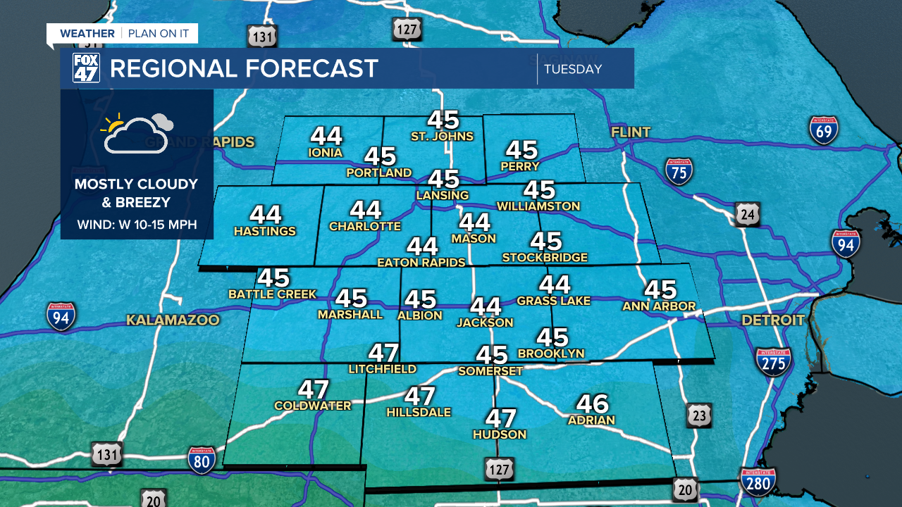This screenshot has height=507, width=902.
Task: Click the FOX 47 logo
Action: click(x=86, y=68)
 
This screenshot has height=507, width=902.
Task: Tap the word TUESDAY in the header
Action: click(x=573, y=69)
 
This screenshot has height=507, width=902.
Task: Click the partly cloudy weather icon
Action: click(x=137, y=132)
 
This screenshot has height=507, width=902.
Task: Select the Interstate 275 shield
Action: click(x=773, y=361)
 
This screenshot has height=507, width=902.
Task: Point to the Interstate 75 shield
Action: click(x=679, y=170)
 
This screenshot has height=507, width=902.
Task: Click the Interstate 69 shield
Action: click(x=823, y=130)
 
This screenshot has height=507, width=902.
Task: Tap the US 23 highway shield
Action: click(x=698, y=415)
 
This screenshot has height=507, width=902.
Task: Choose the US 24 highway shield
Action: click(x=746, y=214)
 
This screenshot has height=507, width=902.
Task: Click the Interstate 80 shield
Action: click(x=201, y=459)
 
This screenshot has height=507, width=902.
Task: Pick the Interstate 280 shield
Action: click(x=758, y=482)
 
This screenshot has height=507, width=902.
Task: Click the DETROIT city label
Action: click(x=773, y=320)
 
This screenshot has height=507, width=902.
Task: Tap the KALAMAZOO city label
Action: click(x=173, y=320)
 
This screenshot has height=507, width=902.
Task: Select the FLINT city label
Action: click(x=631, y=132)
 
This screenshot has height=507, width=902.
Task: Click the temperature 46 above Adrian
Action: click(x=592, y=403)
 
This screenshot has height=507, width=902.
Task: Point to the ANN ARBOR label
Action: click(x=659, y=306)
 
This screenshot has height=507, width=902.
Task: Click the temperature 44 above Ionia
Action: click(x=326, y=135)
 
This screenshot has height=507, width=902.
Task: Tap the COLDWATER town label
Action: click(x=312, y=406)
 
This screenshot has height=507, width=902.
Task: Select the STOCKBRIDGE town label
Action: click(x=544, y=258)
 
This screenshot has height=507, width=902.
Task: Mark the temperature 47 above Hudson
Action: click(x=500, y=418)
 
